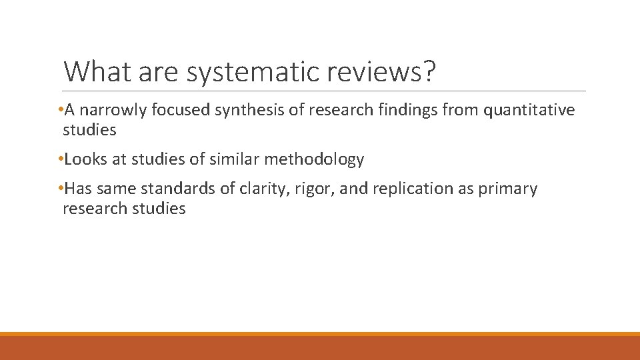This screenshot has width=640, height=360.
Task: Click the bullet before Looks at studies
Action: (x=61, y=159)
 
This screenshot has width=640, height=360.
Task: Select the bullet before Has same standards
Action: (x=61, y=189)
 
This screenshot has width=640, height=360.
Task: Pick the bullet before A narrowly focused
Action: (x=61, y=110)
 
